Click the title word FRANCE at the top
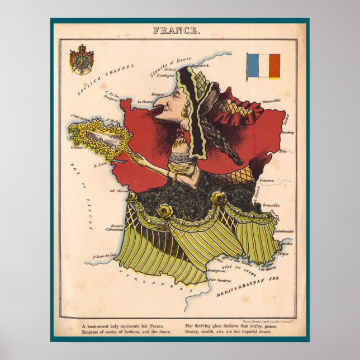[177, 31]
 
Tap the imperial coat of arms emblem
[82, 60]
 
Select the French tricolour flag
[263, 66]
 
